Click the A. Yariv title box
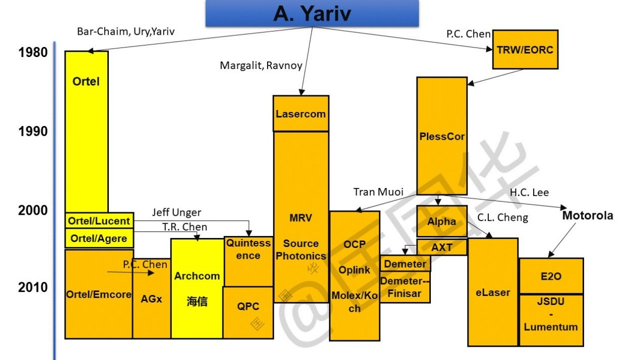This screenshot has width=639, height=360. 312,14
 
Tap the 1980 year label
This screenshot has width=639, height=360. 33,52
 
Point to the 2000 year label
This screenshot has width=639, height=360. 33,210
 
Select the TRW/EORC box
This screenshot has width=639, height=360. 525,49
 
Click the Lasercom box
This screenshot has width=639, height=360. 301,113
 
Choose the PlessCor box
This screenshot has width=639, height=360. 441,136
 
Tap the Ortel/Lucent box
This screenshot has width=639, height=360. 99,220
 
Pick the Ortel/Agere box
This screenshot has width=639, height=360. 99,238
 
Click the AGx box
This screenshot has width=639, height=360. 151,298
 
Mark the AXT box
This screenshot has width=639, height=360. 441,248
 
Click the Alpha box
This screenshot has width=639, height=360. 441,221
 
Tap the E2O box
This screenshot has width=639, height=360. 551,276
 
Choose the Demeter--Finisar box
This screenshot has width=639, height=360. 405,287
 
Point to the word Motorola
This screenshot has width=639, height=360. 588,215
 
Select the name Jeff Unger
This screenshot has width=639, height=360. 176,213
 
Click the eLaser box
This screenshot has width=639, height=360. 492,292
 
